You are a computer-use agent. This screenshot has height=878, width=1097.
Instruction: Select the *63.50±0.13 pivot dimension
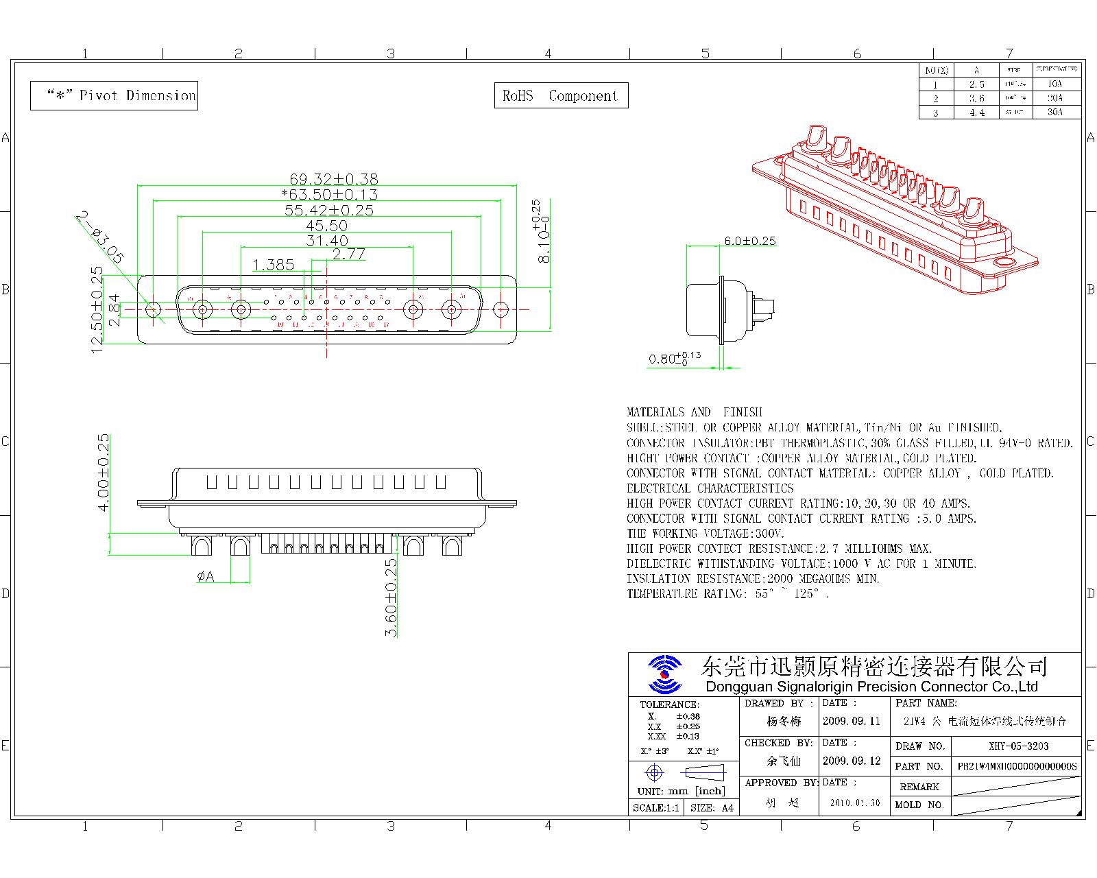point(330,195)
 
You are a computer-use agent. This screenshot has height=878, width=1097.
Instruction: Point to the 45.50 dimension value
point(326,226)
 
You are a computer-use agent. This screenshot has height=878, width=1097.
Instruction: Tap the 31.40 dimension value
point(327,241)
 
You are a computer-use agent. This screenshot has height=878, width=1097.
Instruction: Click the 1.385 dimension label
point(273,265)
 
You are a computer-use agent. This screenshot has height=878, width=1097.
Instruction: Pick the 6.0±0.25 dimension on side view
point(750,241)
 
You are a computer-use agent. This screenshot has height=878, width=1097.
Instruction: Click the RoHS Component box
point(561,96)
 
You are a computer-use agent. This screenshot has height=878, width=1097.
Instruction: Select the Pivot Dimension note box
point(114,95)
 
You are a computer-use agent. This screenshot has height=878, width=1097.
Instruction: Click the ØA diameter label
point(205,577)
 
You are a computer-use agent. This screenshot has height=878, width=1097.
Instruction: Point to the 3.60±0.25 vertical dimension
point(391,597)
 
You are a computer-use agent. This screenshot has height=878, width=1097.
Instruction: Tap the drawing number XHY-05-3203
point(1018,746)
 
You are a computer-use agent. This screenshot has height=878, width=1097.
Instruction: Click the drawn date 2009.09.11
point(851,721)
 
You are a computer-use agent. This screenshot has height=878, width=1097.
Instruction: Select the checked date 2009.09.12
point(851,761)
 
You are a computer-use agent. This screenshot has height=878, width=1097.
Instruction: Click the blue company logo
point(664,674)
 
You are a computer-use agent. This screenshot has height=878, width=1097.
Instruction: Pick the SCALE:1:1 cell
point(655,808)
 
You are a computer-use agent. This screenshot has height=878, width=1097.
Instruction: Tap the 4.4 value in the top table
point(976,112)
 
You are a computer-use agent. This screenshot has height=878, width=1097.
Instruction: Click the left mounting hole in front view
point(154,310)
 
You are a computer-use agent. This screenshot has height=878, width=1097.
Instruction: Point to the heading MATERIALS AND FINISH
point(694,412)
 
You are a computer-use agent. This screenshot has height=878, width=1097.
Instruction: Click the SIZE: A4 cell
point(712,808)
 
